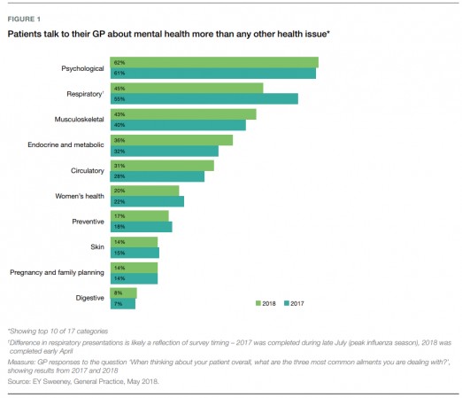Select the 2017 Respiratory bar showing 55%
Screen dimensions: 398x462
coord(204,98)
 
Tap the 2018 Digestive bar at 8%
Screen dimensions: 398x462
coord(125,293)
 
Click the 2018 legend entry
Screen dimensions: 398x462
coord(266,303)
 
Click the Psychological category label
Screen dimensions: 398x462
coord(82,68)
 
